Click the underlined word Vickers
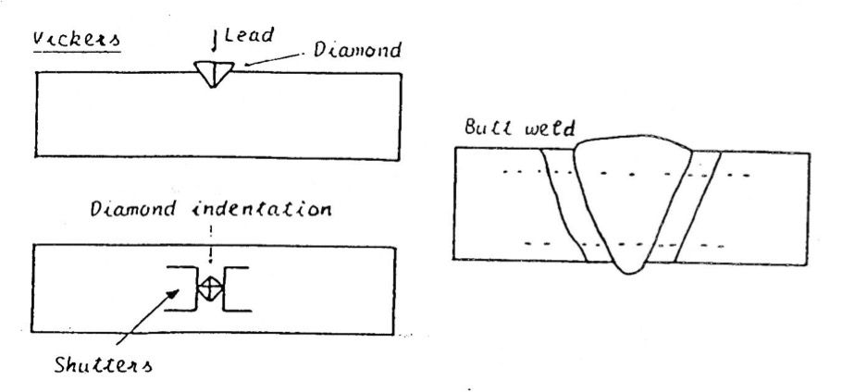(76, 41)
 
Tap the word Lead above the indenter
(249, 35)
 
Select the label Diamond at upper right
(357, 50)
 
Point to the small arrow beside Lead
(215, 42)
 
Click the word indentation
(261, 209)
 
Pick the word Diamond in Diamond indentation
(133, 209)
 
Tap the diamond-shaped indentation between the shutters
(210, 287)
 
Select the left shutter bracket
(181, 288)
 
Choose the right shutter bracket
(236, 289)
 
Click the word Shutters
(103, 364)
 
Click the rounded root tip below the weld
(629, 268)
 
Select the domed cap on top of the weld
(634, 143)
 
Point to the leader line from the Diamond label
(274, 59)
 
